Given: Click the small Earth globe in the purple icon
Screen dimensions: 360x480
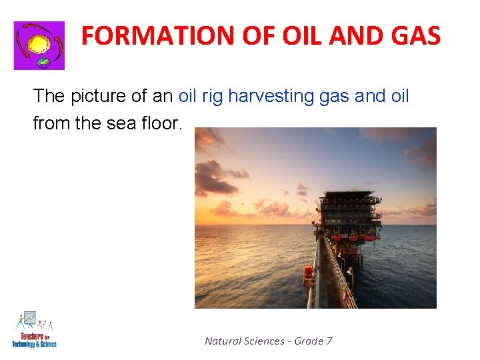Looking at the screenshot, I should (x=44, y=63).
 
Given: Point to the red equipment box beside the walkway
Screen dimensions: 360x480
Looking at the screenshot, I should (x=309, y=273).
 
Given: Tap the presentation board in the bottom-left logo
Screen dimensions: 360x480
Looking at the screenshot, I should (x=29, y=318).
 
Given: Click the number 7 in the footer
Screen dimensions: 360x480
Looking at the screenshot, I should (x=329, y=341).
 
